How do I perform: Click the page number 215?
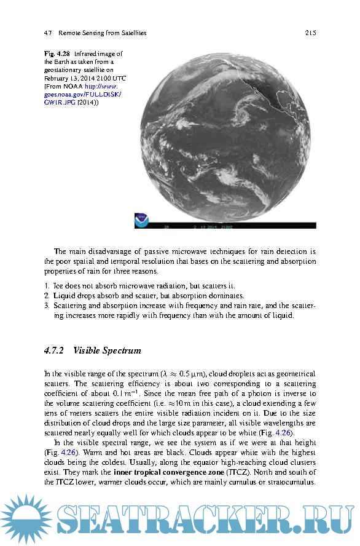point(310,33)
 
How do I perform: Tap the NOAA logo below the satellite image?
point(142,220)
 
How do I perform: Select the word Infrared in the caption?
point(87,54)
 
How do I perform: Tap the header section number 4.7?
point(49,33)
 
